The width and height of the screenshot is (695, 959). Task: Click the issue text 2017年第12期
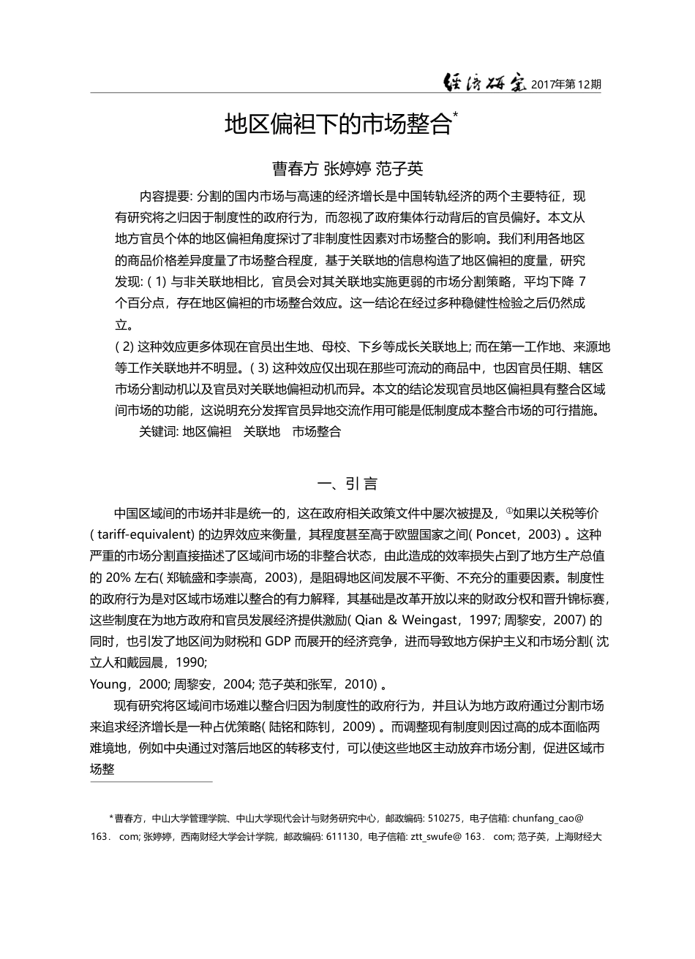click(566, 85)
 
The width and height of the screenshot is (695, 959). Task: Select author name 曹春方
click(295, 169)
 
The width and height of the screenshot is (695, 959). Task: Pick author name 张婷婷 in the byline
click(347, 169)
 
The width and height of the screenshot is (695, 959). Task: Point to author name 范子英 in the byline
click(399, 169)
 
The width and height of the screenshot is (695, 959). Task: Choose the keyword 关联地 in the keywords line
click(261, 431)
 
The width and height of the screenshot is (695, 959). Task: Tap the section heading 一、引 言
click(347, 483)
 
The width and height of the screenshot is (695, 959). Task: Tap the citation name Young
click(107, 684)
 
